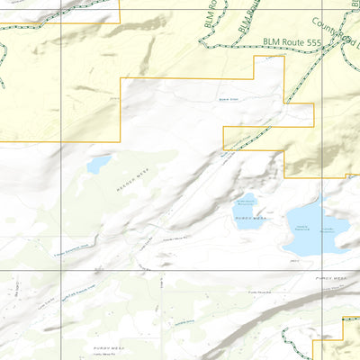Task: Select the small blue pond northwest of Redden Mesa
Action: click(x=98, y=164)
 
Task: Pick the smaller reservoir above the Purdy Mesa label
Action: click(x=244, y=206)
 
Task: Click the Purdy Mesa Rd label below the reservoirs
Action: click(x=259, y=292)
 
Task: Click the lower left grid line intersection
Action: click(x=60, y=271)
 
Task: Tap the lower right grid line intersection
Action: click(x=322, y=271)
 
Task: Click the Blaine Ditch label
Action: click(x=229, y=101)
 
